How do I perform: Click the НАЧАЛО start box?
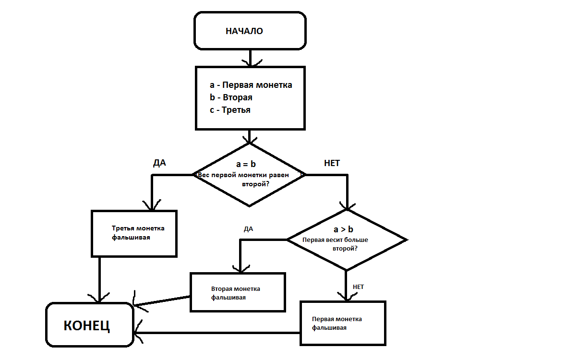[250, 31]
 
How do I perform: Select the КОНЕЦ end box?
[89, 325]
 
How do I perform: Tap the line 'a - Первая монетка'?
[251, 85]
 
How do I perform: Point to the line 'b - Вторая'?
[231, 97]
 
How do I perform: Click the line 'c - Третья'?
[230, 110]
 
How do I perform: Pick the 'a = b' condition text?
[246, 165]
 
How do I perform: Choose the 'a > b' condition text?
[343, 229]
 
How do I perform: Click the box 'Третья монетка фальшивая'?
[134, 233]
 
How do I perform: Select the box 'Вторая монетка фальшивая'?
[237, 293]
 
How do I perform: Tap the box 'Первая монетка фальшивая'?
[343, 323]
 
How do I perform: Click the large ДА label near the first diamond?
[159, 163]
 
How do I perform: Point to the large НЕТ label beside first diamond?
[332, 163]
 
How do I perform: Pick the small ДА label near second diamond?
[248, 229]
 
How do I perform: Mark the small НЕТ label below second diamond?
[358, 287]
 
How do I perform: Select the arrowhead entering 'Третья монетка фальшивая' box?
[152, 205]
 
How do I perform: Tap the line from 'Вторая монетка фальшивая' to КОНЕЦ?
[162, 300]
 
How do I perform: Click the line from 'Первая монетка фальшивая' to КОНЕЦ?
[216, 333]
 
